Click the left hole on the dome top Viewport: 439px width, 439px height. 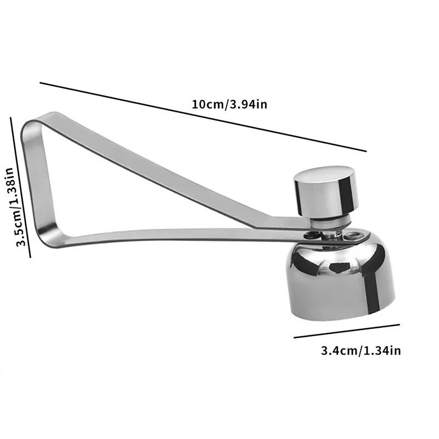[x=311, y=235]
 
